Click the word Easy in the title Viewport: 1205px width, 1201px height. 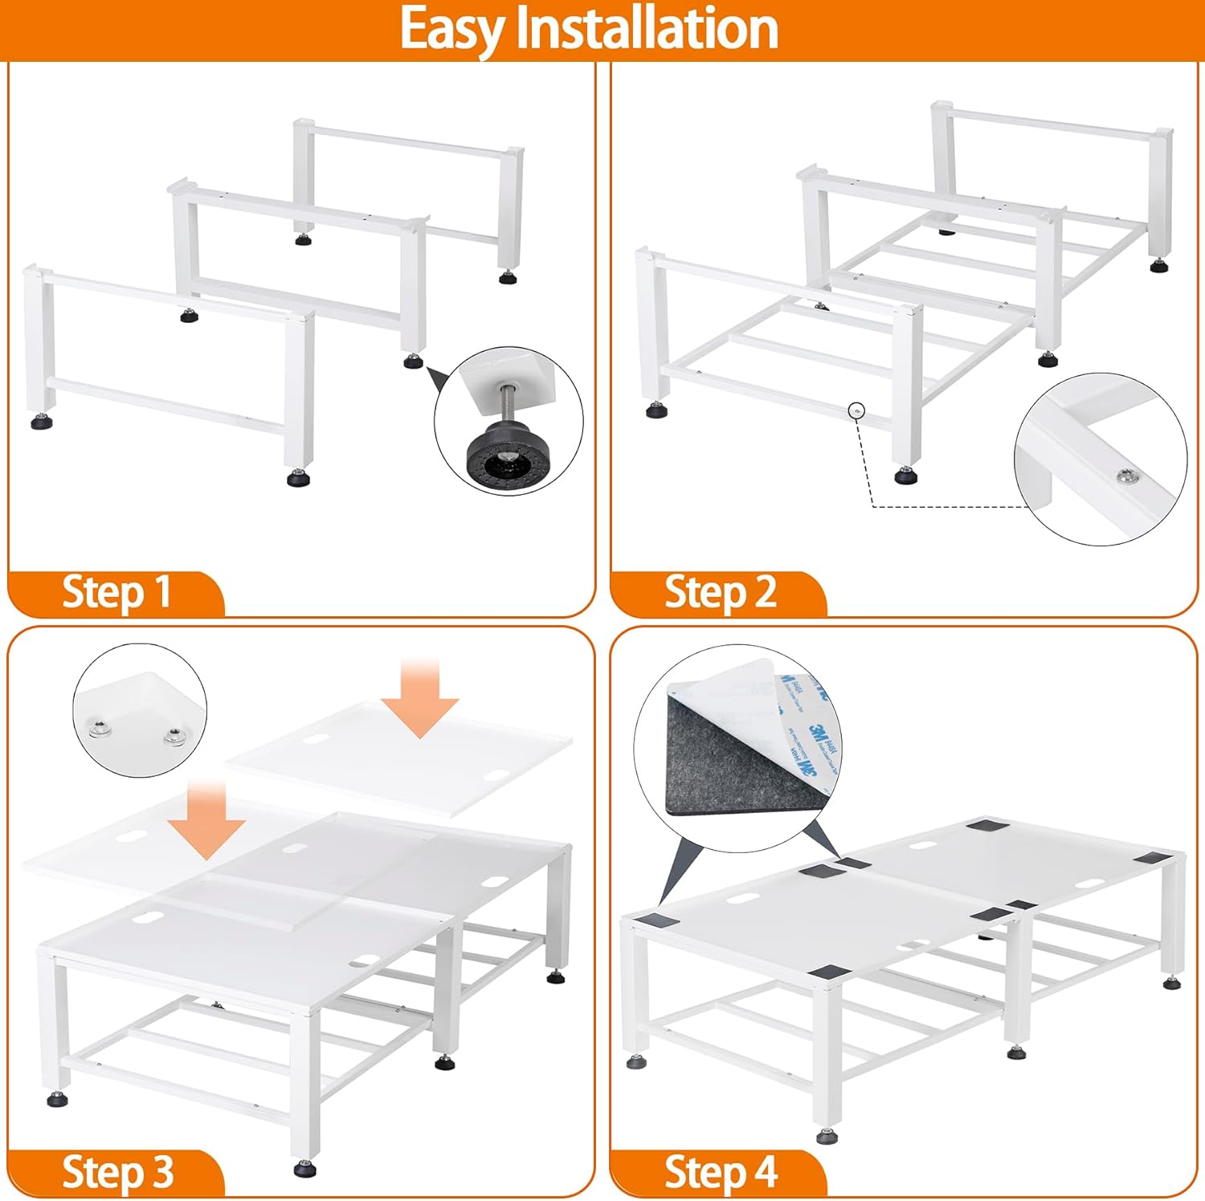click(x=453, y=29)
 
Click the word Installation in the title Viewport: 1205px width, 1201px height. click(x=647, y=29)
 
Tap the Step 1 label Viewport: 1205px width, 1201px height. click(x=116, y=592)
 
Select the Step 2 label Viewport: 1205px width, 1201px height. click(x=720, y=592)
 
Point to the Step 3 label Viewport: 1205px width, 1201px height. click(x=117, y=1172)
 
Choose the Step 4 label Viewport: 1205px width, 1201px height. click(x=720, y=1172)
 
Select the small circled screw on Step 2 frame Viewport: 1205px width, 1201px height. click(x=857, y=410)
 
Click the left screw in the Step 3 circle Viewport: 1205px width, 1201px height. click(x=97, y=729)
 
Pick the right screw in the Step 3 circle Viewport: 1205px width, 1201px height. click(x=173, y=734)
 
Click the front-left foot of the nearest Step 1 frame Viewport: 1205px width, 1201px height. click(x=38, y=422)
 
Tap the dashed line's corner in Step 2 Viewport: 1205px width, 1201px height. click(x=873, y=506)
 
